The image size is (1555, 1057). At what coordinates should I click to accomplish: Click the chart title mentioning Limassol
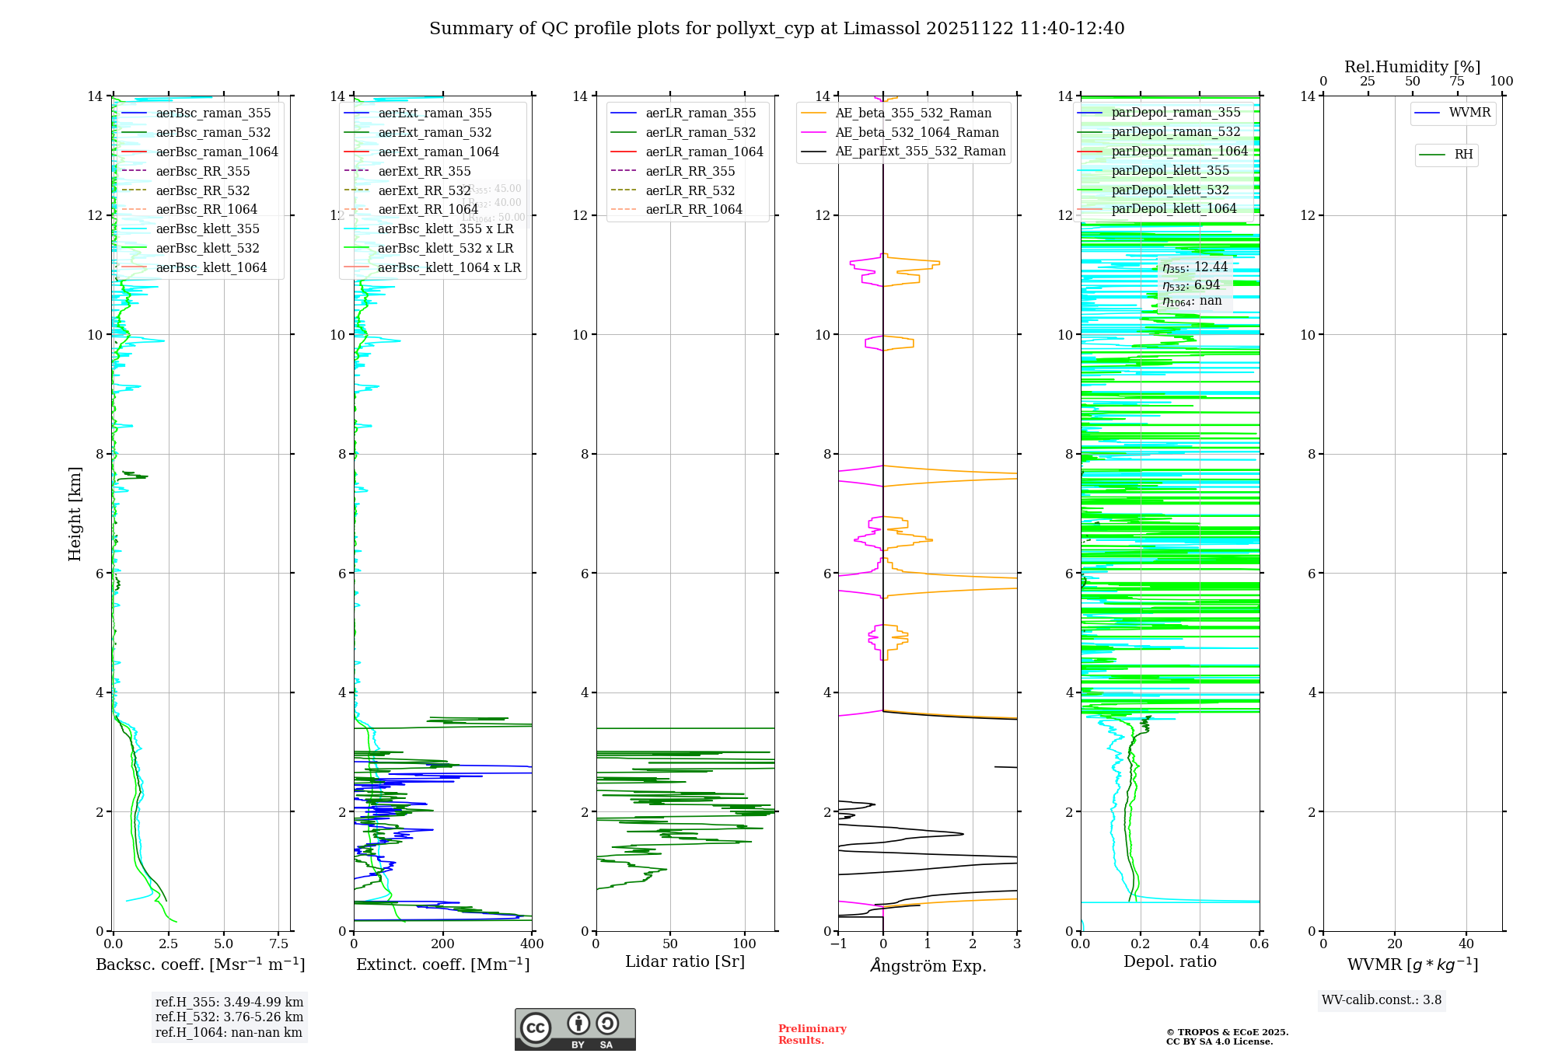[x=777, y=29]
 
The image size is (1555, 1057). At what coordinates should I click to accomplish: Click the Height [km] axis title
[x=75, y=513]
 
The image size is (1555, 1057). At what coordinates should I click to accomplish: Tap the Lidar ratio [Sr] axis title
[x=685, y=961]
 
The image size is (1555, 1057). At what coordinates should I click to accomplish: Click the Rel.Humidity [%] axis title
[x=1412, y=67]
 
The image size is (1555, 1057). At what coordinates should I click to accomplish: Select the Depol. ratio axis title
[x=1169, y=961]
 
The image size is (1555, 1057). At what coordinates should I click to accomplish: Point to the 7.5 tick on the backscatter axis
[x=279, y=944]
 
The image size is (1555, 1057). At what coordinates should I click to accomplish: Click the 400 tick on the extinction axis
[x=532, y=944]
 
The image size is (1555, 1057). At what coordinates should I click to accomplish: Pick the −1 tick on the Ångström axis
[x=838, y=944]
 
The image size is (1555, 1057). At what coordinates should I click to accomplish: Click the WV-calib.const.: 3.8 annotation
[x=1382, y=1000]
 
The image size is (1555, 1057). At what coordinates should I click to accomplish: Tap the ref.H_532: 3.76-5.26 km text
[x=229, y=1017]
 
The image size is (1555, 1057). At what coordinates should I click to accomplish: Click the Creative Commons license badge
[x=575, y=1029]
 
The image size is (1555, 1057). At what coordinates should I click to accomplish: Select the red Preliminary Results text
[x=812, y=1034]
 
